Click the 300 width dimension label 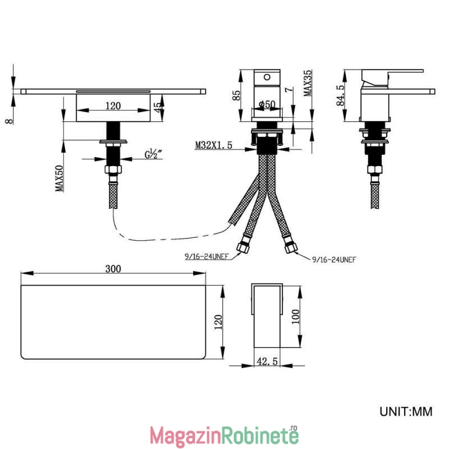click(x=113, y=269)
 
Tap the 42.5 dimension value click(x=267, y=361)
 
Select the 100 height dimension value click(x=296, y=317)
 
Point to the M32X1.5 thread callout click(x=214, y=145)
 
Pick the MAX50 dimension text click(x=59, y=178)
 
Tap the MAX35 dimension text click(x=308, y=83)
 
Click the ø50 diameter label click(x=267, y=104)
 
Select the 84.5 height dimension click(x=341, y=95)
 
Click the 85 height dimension click(x=236, y=95)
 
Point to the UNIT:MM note click(x=406, y=411)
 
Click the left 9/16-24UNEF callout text click(x=207, y=256)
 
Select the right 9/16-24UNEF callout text click(x=334, y=259)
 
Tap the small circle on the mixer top click(x=267, y=77)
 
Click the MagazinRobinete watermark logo click(x=224, y=436)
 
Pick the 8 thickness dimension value click(x=10, y=121)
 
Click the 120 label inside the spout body click(x=113, y=106)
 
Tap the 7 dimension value click(x=290, y=89)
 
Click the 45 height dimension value click(x=157, y=108)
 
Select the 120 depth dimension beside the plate click(x=218, y=322)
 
